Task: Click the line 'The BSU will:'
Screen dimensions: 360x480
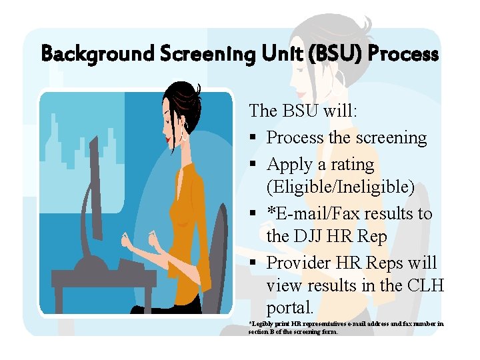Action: coord(303,111)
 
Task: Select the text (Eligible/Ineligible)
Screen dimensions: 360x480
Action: coord(340,187)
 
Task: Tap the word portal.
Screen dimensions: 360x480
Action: coord(290,308)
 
